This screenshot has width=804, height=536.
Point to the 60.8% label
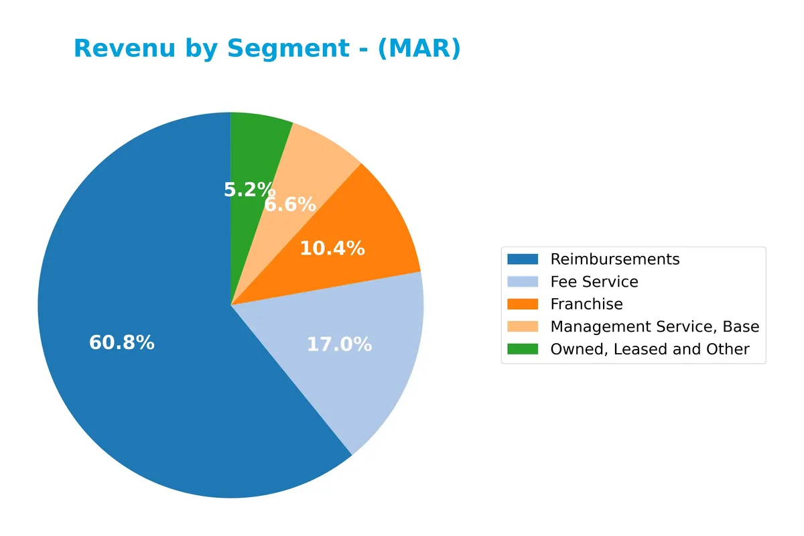pyautogui.click(x=122, y=343)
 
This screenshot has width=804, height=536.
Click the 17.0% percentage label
pyautogui.click(x=339, y=344)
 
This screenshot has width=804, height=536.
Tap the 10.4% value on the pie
pyautogui.click(x=332, y=249)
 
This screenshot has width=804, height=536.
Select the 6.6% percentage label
pyautogui.click(x=290, y=204)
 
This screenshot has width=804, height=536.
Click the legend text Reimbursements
pyautogui.click(x=614, y=259)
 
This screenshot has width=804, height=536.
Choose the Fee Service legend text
pyautogui.click(x=594, y=281)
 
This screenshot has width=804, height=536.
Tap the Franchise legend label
pyautogui.click(x=586, y=304)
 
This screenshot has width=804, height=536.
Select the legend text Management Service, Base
pyautogui.click(x=655, y=326)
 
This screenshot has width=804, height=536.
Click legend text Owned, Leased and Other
pyautogui.click(x=649, y=349)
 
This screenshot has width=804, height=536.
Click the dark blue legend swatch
pyautogui.click(x=523, y=259)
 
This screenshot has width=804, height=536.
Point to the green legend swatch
pyautogui.click(x=523, y=349)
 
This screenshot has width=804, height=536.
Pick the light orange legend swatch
pyautogui.click(x=523, y=326)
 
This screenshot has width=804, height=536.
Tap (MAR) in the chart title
pyautogui.click(x=419, y=49)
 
